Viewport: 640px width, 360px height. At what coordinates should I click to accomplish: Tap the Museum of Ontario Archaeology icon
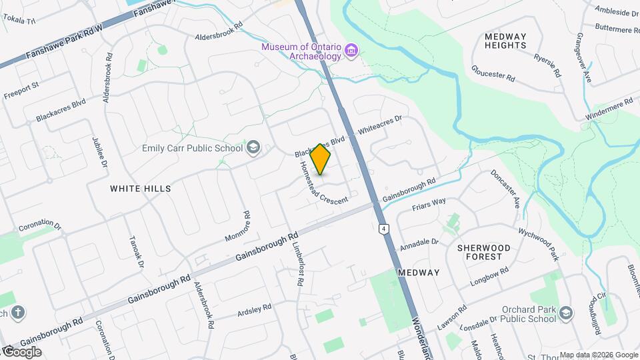(x=352, y=51)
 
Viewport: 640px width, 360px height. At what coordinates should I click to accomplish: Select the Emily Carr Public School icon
(x=253, y=147)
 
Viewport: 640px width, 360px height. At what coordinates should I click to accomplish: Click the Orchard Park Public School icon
(x=566, y=313)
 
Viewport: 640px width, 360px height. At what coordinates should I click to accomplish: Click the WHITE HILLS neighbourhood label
(x=141, y=189)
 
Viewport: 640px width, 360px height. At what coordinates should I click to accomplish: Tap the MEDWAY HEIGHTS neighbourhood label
(x=506, y=41)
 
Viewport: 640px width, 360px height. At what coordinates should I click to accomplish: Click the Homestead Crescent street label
(x=323, y=183)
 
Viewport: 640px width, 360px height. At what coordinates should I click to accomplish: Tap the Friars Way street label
(x=429, y=203)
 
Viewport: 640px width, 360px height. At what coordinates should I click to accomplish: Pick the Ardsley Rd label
(x=254, y=309)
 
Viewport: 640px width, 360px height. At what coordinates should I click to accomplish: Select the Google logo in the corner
(x=21, y=352)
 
